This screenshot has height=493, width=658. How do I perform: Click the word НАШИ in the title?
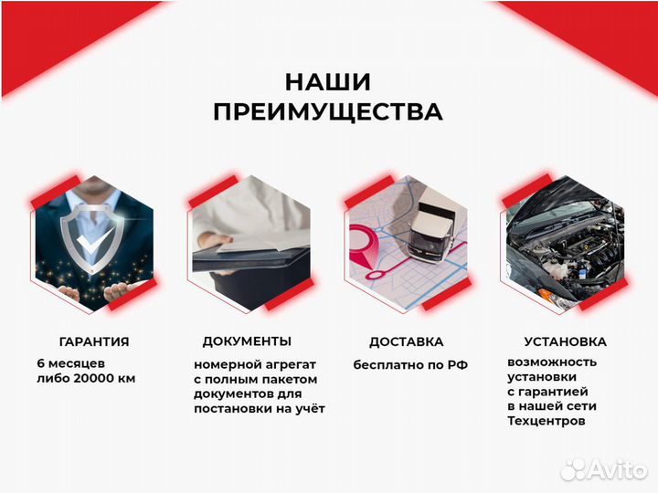tap(327, 82)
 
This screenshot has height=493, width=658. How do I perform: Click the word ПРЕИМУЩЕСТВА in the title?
tap(328, 112)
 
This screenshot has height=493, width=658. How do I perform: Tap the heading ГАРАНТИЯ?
tap(94, 341)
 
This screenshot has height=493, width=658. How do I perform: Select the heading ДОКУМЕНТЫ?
tap(247, 341)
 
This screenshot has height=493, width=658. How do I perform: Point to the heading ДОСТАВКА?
tap(407, 341)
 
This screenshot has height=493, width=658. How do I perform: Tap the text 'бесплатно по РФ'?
tap(410, 364)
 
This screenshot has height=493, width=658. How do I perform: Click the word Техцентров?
tap(546, 421)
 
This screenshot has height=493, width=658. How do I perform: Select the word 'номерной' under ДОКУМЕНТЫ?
tap(222, 364)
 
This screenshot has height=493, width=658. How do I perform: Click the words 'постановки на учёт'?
tap(260, 408)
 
